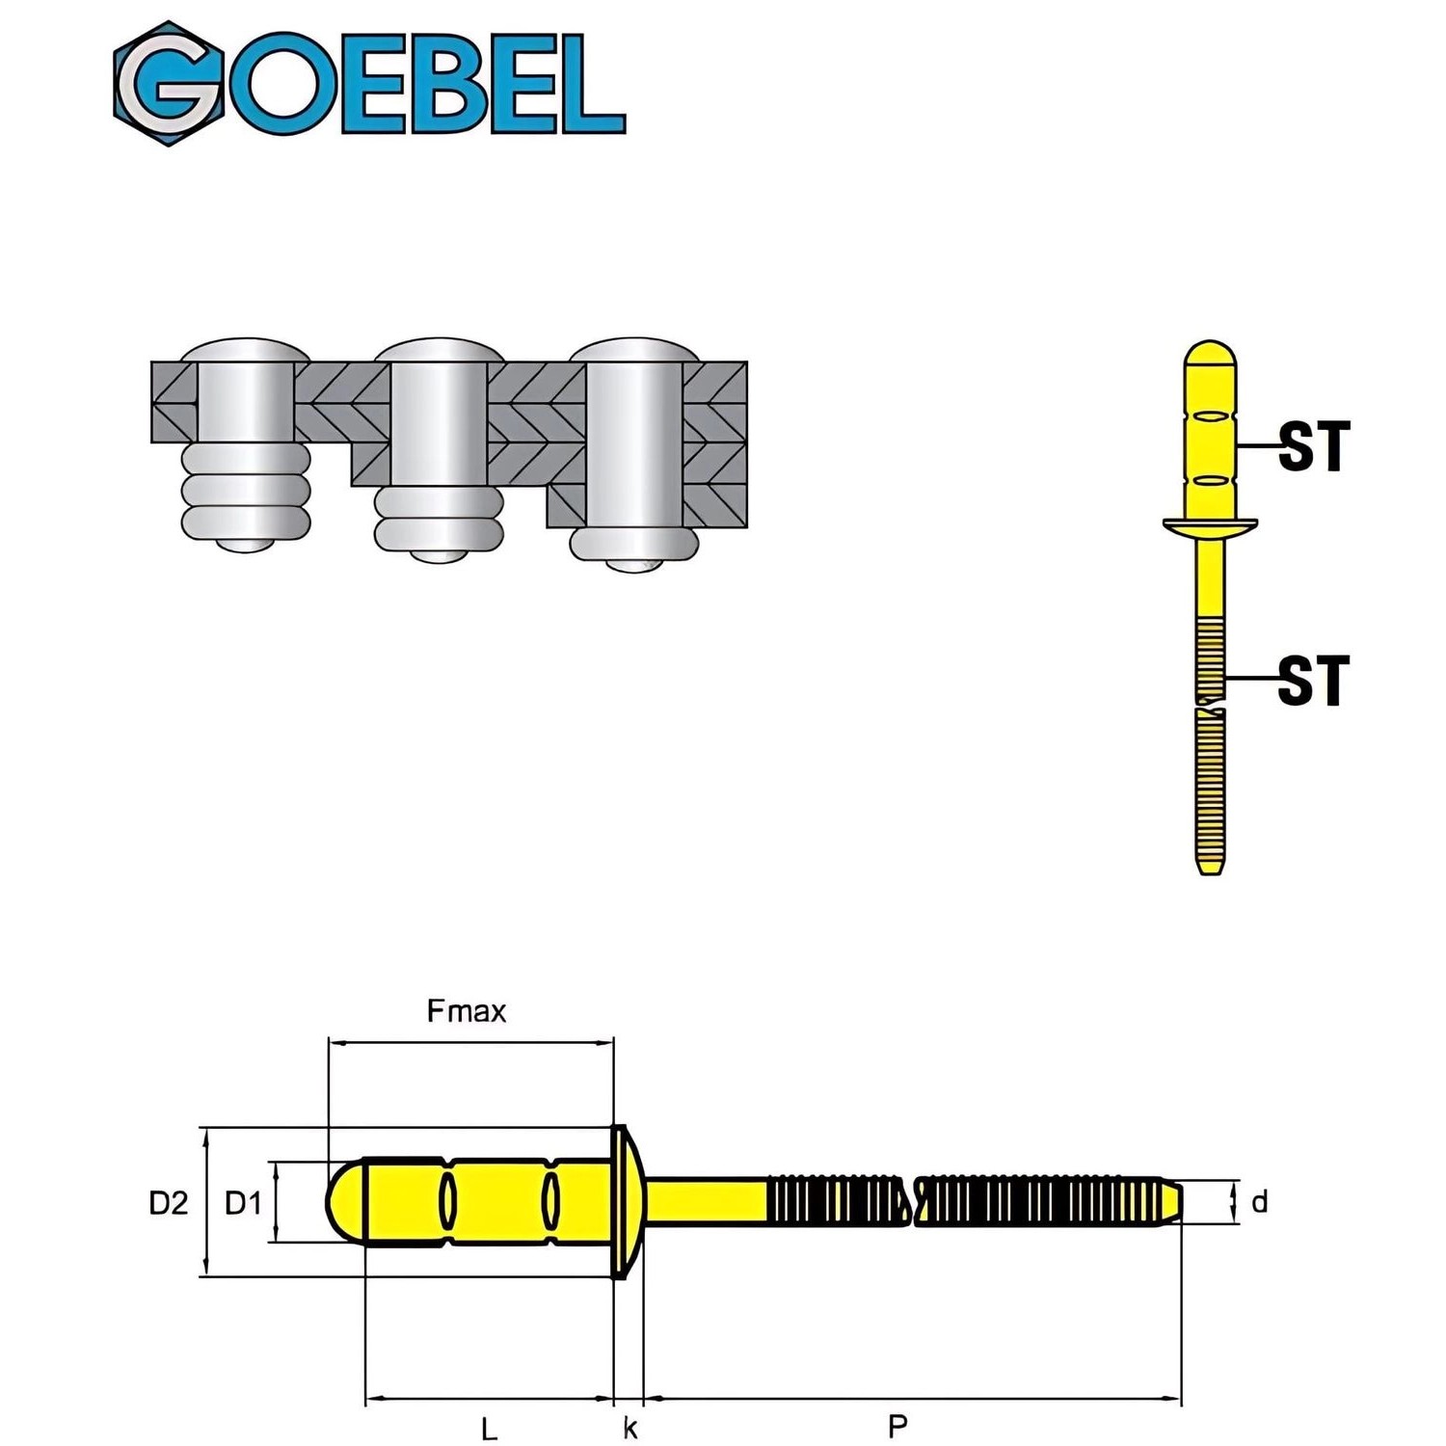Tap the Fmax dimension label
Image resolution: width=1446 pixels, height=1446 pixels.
point(466,1011)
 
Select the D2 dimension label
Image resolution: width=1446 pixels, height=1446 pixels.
point(169,1202)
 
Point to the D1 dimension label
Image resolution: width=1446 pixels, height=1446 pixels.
point(243,1202)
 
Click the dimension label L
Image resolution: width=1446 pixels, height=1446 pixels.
point(489,1428)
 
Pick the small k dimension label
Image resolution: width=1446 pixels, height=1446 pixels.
point(629,1428)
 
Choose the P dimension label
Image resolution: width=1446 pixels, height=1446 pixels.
point(897,1426)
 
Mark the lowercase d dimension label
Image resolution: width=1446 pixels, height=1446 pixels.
point(1259,1202)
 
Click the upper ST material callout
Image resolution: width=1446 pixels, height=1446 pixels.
point(1313,446)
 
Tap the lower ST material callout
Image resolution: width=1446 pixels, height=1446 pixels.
point(1313,681)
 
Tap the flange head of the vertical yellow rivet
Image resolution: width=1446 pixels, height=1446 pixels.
point(1210,526)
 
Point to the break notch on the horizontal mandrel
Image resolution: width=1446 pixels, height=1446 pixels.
point(912,1202)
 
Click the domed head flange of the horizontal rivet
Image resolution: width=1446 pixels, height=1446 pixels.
point(623,1202)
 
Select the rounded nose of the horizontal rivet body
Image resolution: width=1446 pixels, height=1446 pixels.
point(343,1202)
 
